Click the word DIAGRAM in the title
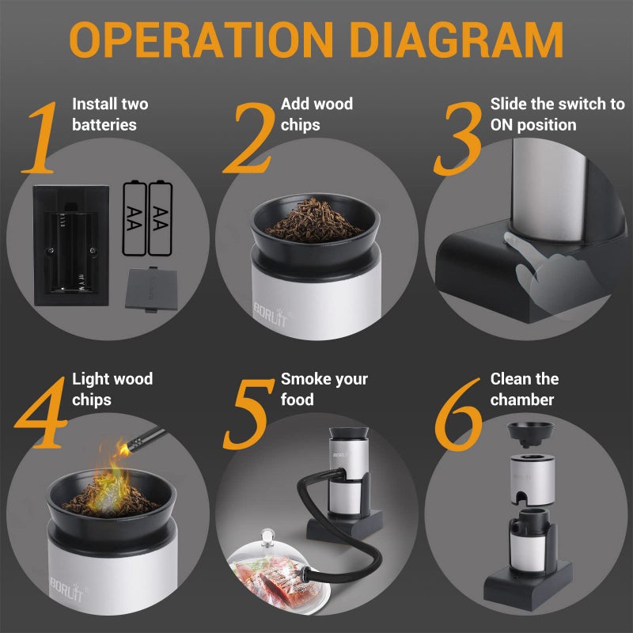click(x=457, y=40)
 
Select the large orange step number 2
click(x=249, y=138)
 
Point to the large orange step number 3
click(x=458, y=138)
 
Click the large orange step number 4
click(x=41, y=412)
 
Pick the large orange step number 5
click(x=248, y=414)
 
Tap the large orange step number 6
click(x=459, y=414)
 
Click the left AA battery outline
click(x=135, y=218)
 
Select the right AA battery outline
click(x=161, y=218)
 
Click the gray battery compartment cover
click(x=151, y=289)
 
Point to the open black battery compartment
click(x=71, y=245)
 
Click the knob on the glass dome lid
click(x=267, y=537)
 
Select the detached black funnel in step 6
click(x=530, y=434)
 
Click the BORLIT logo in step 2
click(x=271, y=313)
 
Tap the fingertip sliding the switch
click(x=510, y=239)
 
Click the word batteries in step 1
click(x=104, y=125)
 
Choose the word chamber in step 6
click(x=522, y=400)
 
